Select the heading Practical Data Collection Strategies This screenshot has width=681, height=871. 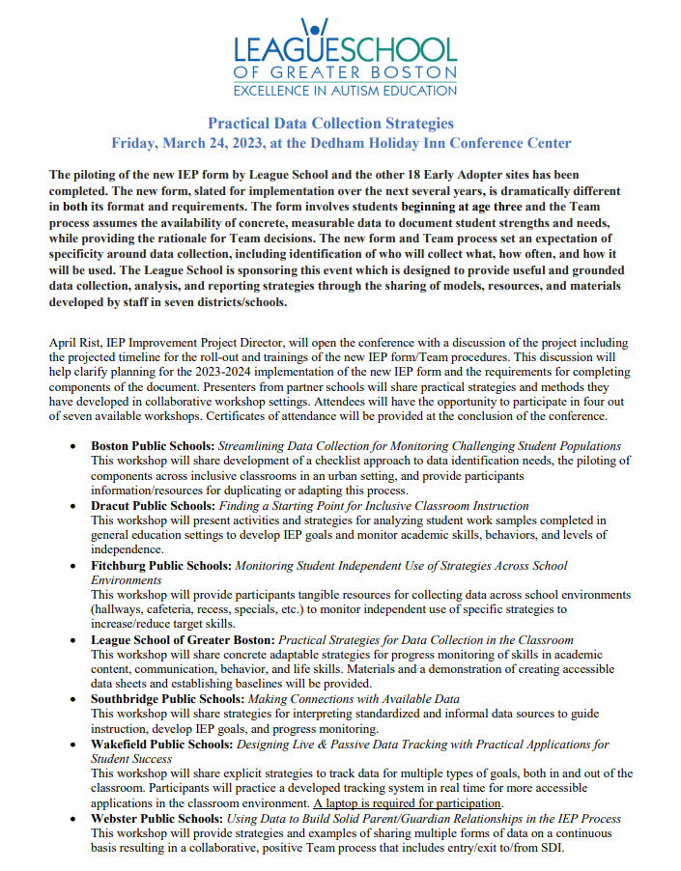pyautogui.click(x=330, y=124)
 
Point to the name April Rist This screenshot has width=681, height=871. pyautogui.click(x=73, y=343)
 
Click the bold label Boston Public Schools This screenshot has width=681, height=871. pyautogui.click(x=151, y=446)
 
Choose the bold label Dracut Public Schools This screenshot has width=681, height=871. pyautogui.click(x=153, y=506)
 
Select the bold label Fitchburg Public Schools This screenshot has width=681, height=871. pyautogui.click(x=160, y=566)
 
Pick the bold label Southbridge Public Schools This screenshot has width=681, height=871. pyautogui.click(x=167, y=698)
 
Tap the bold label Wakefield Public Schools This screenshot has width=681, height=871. pyautogui.click(x=162, y=745)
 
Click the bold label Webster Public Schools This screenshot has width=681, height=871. pyautogui.click(x=157, y=819)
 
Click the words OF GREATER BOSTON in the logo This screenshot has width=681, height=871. pyautogui.click(x=345, y=73)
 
